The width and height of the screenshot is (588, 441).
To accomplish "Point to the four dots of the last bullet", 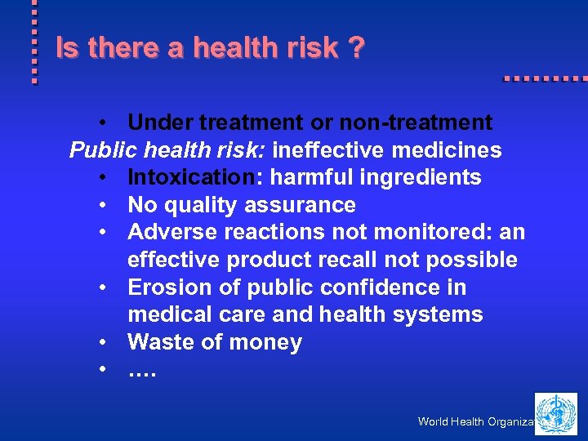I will coord(141,372).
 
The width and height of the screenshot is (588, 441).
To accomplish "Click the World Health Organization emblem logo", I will coord(556,413).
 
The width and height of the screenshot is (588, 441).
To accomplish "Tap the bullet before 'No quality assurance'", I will coord(104,205).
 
